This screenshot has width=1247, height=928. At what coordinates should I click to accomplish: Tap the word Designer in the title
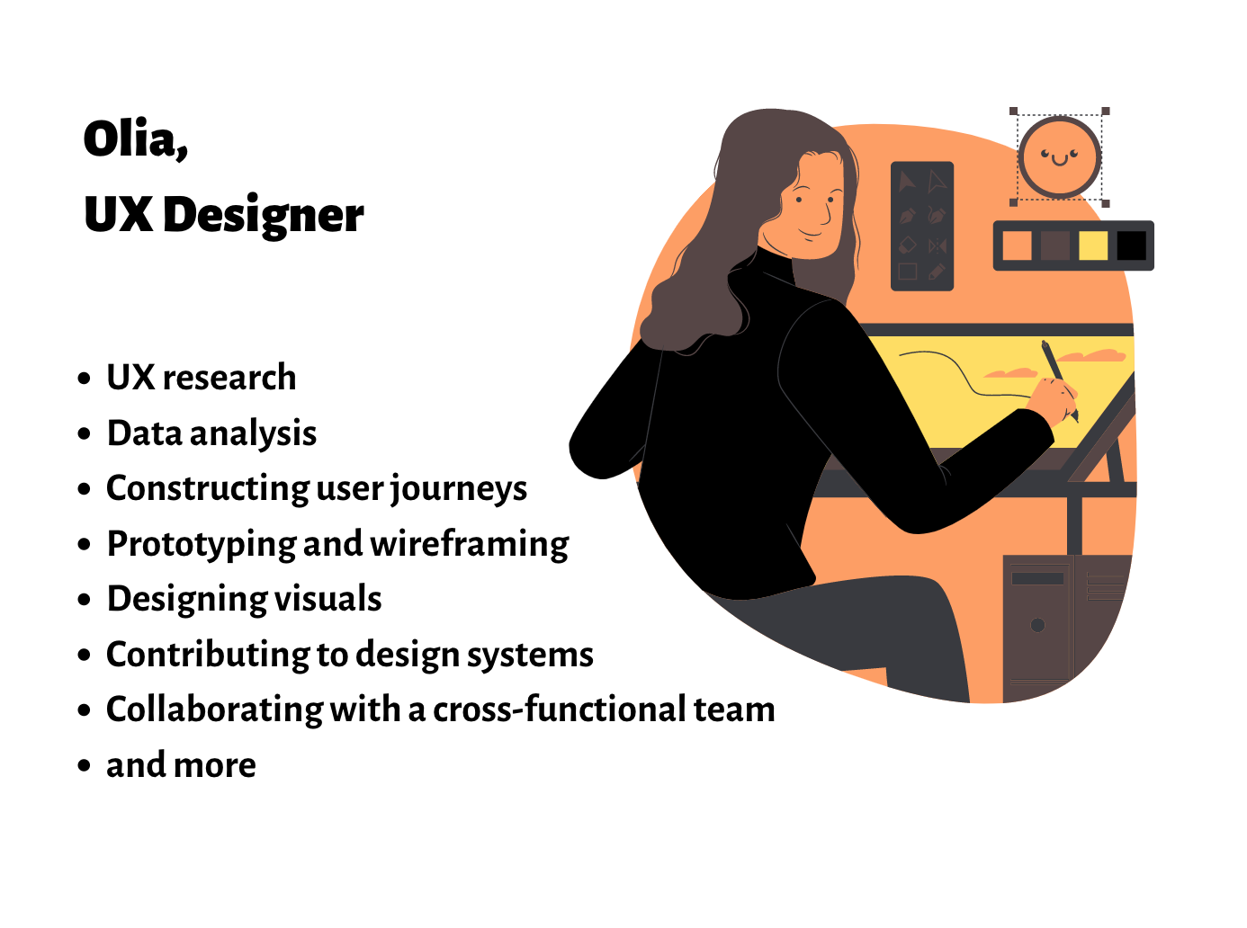click(x=263, y=216)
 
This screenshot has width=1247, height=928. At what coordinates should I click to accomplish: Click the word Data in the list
click(x=144, y=433)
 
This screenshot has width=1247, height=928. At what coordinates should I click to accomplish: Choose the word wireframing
click(x=469, y=544)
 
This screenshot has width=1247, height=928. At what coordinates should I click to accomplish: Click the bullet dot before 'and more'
click(x=85, y=766)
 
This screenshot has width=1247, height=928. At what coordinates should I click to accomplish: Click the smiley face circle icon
click(x=1059, y=157)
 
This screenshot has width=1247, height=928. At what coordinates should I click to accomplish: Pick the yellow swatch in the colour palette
click(x=1093, y=245)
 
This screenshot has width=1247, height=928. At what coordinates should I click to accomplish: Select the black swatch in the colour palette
click(x=1131, y=245)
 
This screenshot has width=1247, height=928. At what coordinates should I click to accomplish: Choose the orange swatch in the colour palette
click(x=1017, y=245)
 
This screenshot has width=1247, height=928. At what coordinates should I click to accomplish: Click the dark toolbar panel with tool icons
click(x=921, y=226)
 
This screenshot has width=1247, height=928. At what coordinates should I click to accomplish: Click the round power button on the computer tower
click(x=1037, y=625)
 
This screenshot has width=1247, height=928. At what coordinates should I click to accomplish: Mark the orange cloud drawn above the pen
click(x=1092, y=355)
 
